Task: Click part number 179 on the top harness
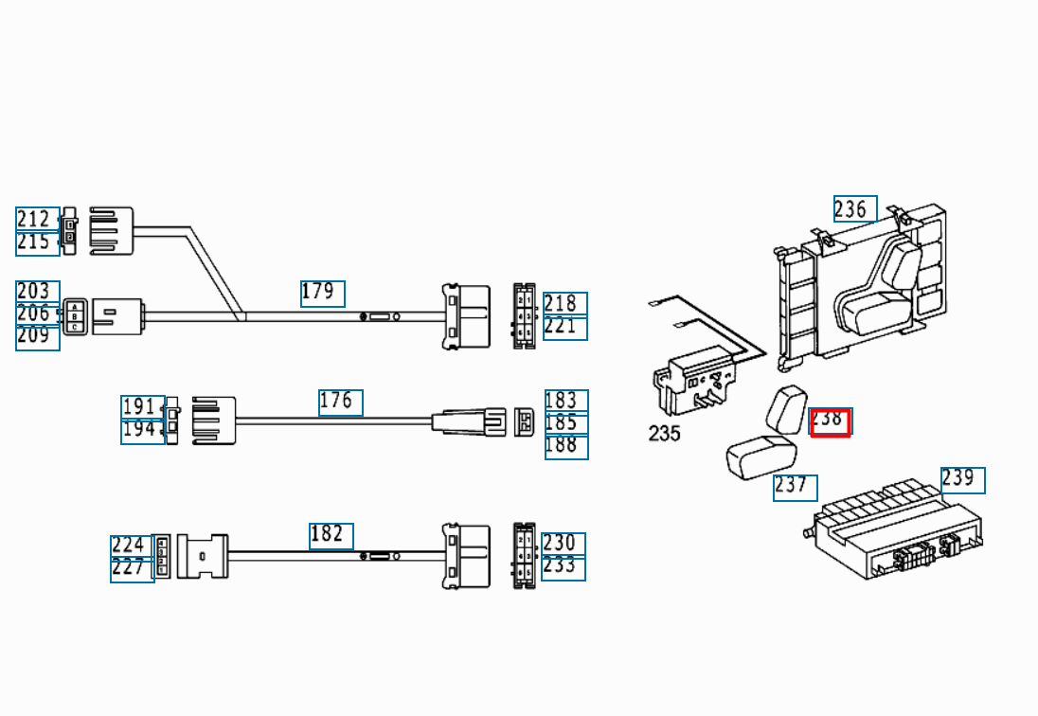point(322,294)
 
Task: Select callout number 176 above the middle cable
point(340,403)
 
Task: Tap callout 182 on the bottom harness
point(331,536)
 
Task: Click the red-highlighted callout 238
point(831,422)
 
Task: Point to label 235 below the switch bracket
point(664,434)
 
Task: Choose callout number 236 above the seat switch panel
point(855,209)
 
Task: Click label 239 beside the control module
point(963,480)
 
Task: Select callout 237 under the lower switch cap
point(795,488)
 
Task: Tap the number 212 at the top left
point(38,219)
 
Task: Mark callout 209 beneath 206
point(38,337)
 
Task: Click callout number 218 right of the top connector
point(565,304)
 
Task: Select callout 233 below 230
point(564,567)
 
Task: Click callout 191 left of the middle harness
point(143,407)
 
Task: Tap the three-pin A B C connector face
point(75,316)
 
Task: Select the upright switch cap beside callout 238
point(786,409)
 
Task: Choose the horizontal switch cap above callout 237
point(761,456)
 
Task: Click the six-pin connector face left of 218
point(525,315)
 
